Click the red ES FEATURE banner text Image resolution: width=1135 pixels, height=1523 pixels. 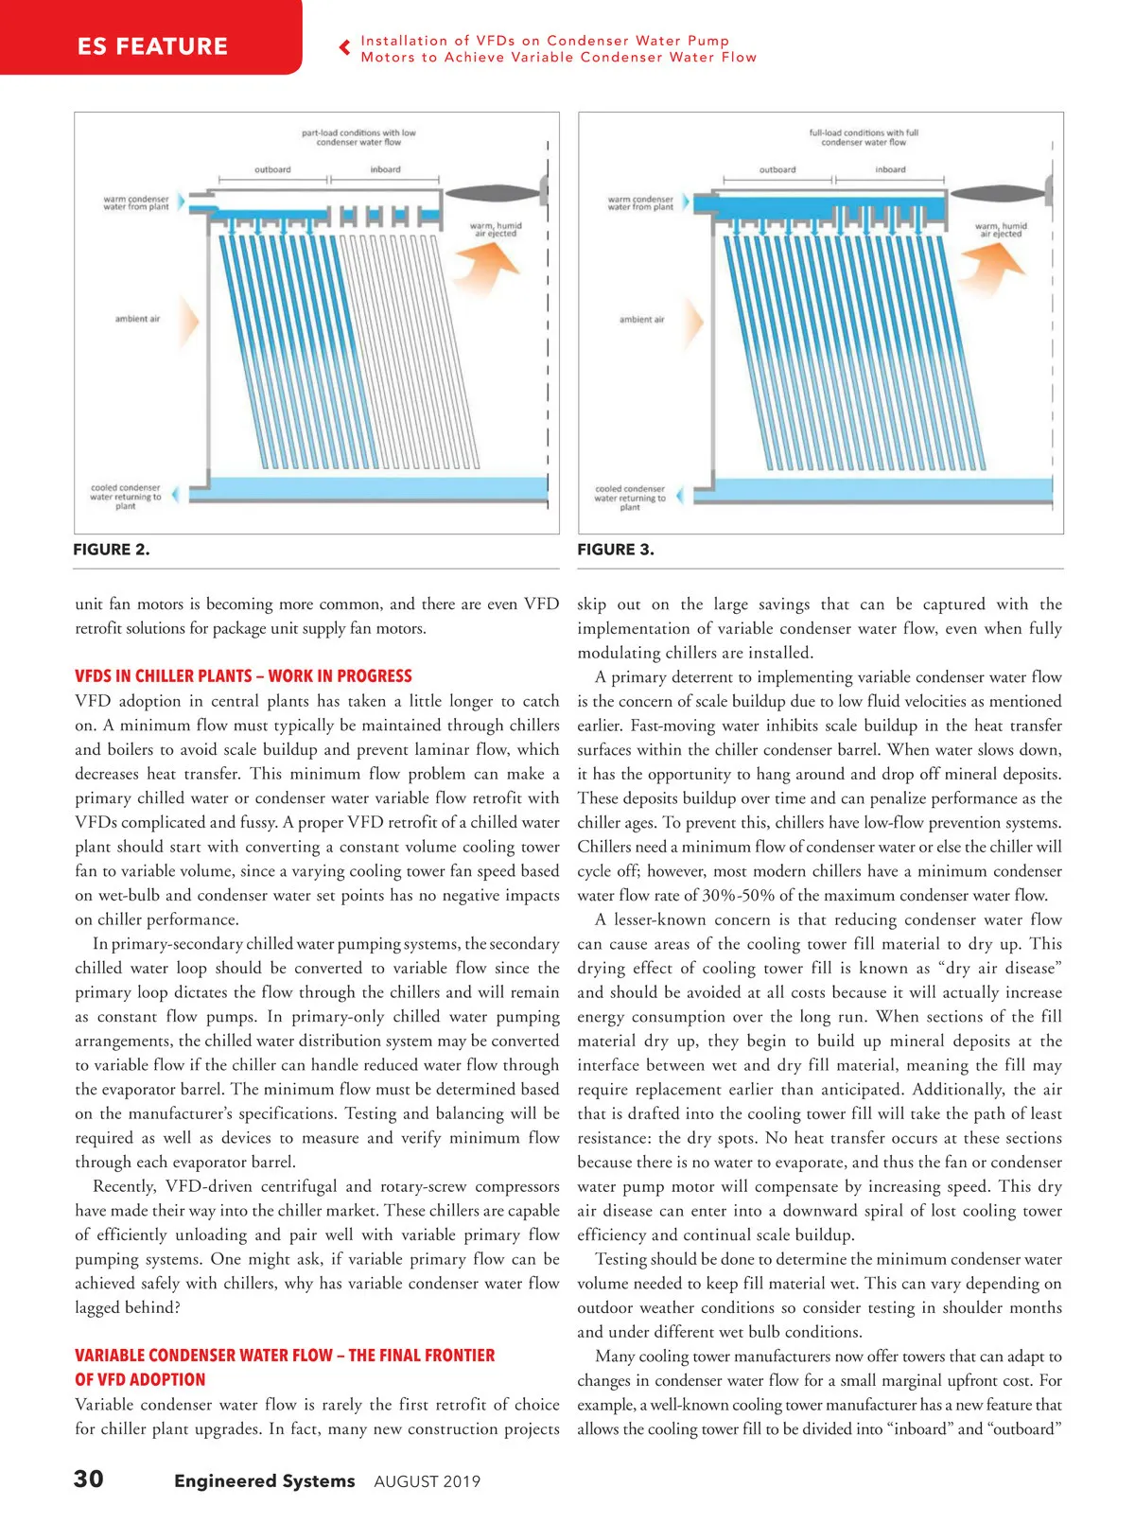pyautogui.click(x=152, y=46)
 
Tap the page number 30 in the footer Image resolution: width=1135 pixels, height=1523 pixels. pyautogui.click(x=89, y=1479)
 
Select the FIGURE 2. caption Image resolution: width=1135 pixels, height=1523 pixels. pyautogui.click(x=111, y=550)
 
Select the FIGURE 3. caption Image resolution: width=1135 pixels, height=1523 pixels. pyautogui.click(x=616, y=550)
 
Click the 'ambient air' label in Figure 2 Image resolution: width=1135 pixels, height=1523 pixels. pyautogui.click(x=137, y=319)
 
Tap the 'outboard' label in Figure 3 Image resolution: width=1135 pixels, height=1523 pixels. pyautogui.click(x=777, y=170)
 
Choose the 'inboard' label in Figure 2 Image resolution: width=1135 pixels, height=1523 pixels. pyautogui.click(x=385, y=170)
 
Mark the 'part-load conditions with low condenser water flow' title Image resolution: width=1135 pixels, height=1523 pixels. pyautogui.click(x=358, y=137)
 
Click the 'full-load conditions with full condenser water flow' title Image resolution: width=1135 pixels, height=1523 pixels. pyautogui.click(x=863, y=137)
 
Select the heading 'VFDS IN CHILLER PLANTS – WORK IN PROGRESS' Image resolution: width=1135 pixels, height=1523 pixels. pyautogui.click(x=243, y=676)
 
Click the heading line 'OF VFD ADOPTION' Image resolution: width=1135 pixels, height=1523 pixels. pyautogui.click(x=140, y=1380)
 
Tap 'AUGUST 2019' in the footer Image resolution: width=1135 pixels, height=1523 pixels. pyautogui.click(x=427, y=1481)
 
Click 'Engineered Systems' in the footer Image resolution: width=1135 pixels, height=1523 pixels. pyautogui.click(x=264, y=1480)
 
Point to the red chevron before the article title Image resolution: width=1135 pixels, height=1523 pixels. pyautogui.click(x=345, y=47)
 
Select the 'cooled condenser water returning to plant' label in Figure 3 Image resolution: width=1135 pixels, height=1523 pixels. pyautogui.click(x=630, y=498)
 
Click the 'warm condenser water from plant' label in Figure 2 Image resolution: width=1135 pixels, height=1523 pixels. pyautogui.click(x=136, y=203)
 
